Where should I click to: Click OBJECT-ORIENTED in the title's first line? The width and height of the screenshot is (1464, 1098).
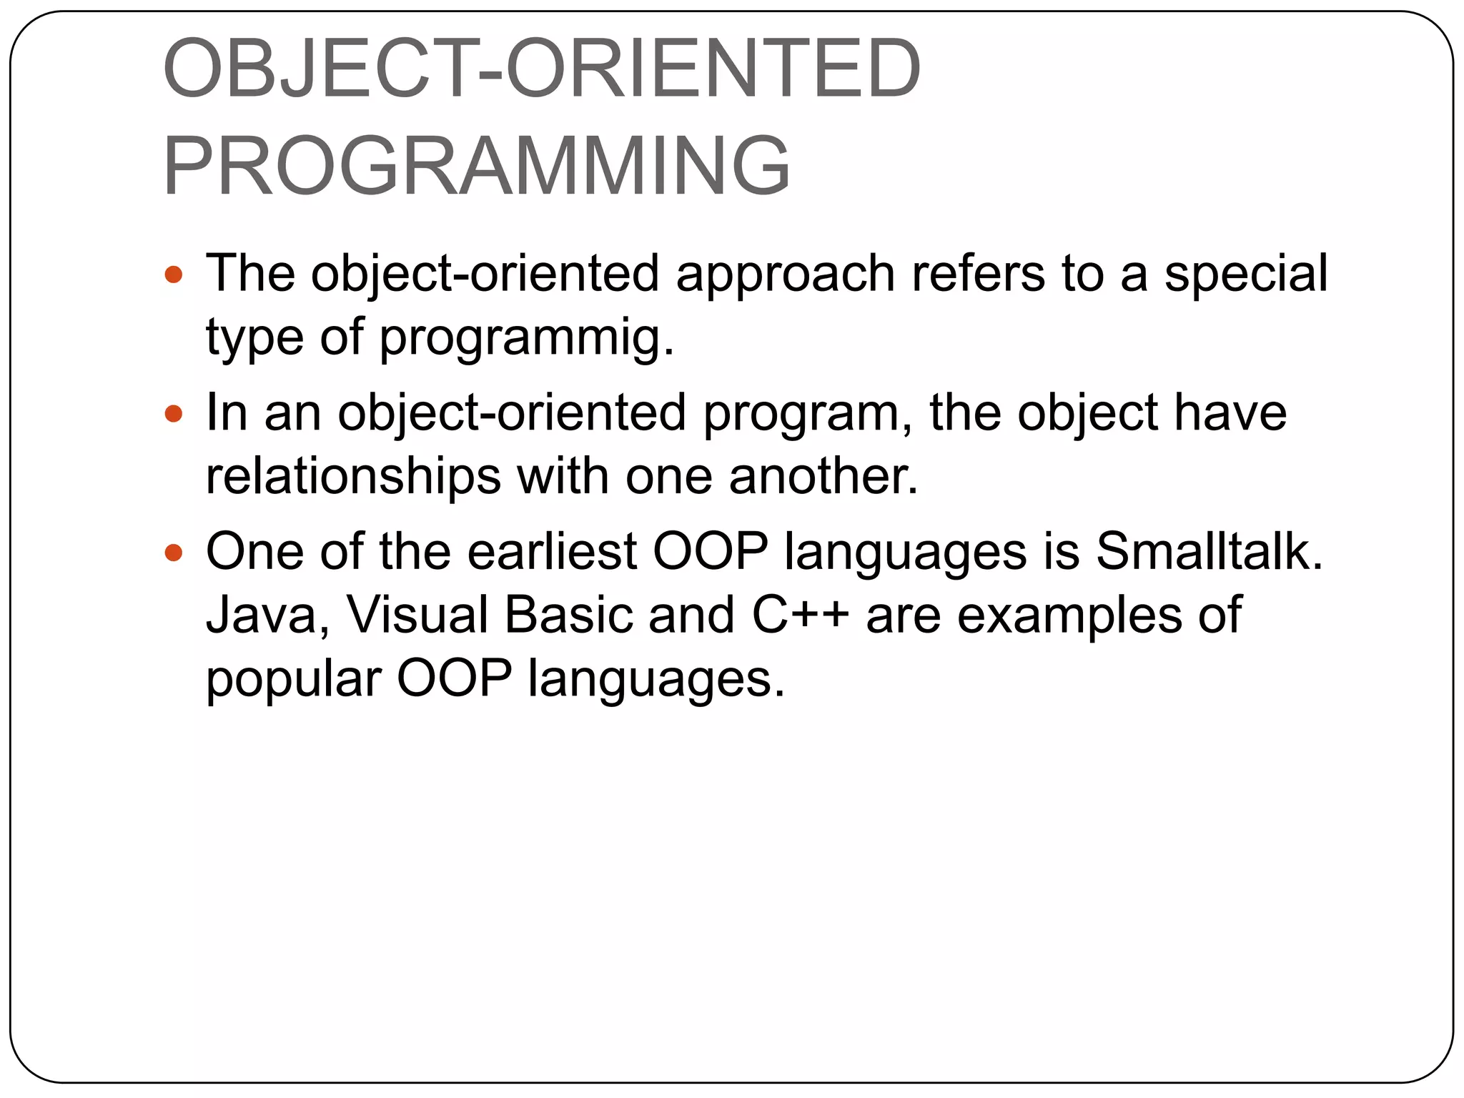(542, 70)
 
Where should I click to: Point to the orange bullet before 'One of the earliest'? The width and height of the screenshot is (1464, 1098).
(174, 552)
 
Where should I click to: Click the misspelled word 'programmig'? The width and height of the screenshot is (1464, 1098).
(525, 337)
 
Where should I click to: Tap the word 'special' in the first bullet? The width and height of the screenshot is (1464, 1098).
(1245, 273)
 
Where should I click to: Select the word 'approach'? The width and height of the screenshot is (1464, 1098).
(785, 274)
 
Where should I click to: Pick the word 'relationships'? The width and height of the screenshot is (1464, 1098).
(353, 477)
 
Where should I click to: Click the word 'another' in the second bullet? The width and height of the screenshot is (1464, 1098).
(822, 477)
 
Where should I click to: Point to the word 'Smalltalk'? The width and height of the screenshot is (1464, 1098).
(1208, 552)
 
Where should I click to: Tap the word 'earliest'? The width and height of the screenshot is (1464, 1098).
(552, 552)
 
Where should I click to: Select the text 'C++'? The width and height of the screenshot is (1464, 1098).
(800, 615)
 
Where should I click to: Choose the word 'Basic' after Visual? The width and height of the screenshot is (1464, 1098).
(569, 615)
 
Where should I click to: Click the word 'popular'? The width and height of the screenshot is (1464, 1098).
(294, 680)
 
